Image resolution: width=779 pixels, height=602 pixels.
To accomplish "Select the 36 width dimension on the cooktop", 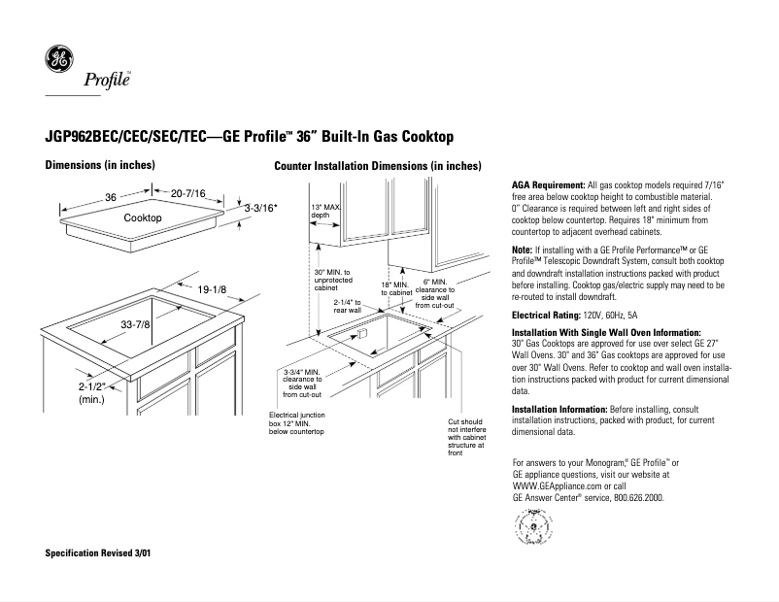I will (x=111, y=197).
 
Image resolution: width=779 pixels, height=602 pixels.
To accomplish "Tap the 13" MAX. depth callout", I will (x=326, y=213).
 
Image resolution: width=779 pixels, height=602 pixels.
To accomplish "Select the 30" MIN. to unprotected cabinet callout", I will (x=332, y=281).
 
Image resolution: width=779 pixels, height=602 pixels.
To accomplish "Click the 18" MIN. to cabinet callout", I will (x=396, y=288).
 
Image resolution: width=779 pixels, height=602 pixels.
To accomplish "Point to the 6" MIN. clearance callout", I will (x=434, y=292).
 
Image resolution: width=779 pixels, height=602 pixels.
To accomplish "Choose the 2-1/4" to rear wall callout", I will (x=347, y=306).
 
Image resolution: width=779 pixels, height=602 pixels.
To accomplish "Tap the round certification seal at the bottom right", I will (x=531, y=529).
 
